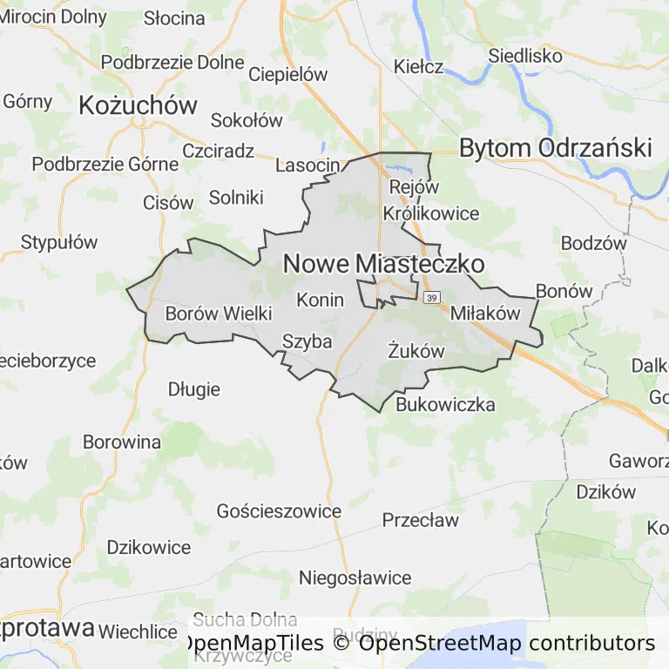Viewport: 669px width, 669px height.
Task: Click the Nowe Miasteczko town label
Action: pos(383,263)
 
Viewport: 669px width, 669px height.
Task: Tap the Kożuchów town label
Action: pos(138,105)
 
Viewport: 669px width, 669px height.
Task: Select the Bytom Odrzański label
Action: pos(555,148)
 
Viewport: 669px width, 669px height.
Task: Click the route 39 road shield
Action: pos(432,299)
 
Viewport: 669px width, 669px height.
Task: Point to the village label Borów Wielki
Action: pos(219,313)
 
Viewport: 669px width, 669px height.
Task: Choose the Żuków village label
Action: pos(416,351)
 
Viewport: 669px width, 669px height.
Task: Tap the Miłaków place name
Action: pos(484,314)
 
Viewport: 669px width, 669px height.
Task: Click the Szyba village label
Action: pos(307,341)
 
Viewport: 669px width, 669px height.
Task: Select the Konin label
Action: pos(321,300)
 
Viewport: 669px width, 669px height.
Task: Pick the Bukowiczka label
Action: pos(445,404)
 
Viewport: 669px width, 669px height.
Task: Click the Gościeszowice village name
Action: pos(279,511)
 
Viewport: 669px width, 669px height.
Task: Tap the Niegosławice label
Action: pos(355,578)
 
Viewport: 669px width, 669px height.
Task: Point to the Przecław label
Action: pos(421,521)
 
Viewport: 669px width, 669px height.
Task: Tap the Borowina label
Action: pos(122,442)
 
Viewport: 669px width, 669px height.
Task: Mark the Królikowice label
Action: pos(431,213)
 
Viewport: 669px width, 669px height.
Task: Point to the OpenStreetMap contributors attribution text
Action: pos(507,644)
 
